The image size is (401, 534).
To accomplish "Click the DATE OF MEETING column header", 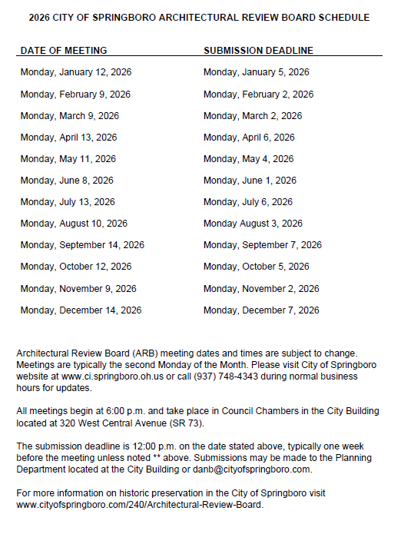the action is click(x=64, y=51).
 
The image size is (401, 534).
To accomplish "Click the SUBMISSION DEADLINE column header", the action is click(x=258, y=51).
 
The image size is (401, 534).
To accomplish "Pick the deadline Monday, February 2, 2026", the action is click(x=258, y=95).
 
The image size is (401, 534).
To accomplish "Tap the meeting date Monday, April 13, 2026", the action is click(x=68, y=138).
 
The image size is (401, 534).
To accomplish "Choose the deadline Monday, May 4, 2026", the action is click(x=248, y=159).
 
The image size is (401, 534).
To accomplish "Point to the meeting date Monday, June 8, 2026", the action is click(x=67, y=181).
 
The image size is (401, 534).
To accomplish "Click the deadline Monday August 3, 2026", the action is click(x=253, y=224).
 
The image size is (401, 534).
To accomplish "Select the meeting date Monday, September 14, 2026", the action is click(x=82, y=245).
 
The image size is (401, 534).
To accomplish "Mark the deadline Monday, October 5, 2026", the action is click(x=256, y=267).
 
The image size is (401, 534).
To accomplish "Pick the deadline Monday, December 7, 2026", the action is click(x=261, y=310).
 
